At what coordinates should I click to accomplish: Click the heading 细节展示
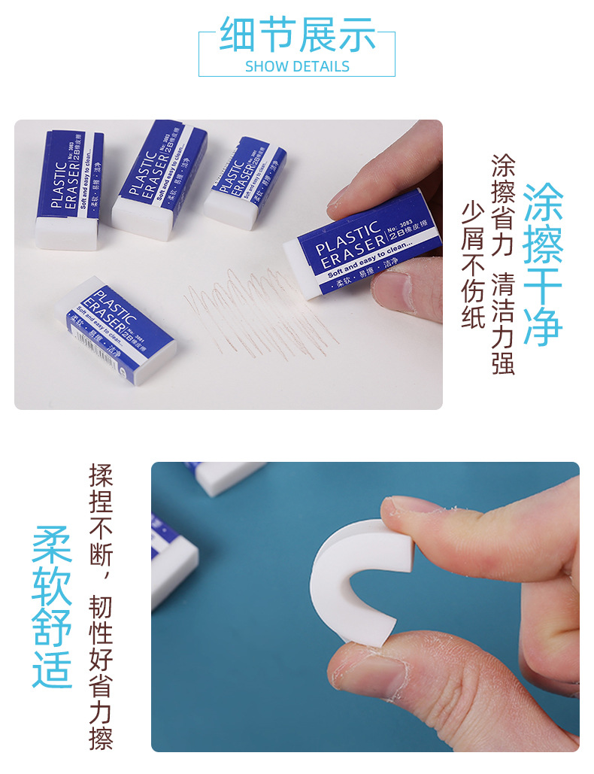click(x=297, y=35)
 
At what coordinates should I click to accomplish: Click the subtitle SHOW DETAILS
click(x=297, y=66)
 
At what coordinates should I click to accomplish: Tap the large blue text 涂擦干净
click(x=543, y=263)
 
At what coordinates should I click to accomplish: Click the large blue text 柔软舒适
click(x=52, y=606)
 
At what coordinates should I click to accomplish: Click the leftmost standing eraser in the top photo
click(x=70, y=191)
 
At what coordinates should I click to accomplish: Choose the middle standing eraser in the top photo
click(x=159, y=181)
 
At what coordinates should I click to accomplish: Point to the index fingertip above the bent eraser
click(x=410, y=519)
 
